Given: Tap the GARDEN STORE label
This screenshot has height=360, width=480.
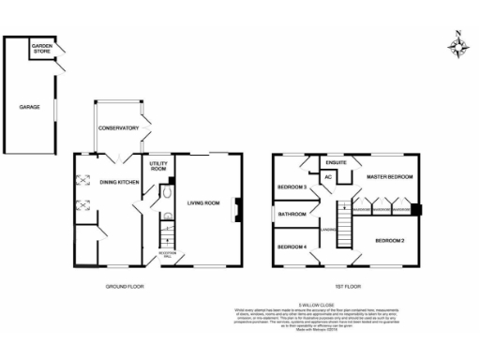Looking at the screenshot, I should click(x=41, y=49).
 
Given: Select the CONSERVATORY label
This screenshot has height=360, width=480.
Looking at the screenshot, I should click(x=119, y=128).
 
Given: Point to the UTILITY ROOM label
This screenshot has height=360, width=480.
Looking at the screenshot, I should click(x=158, y=168).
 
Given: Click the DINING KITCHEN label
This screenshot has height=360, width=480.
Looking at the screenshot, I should click(x=120, y=182).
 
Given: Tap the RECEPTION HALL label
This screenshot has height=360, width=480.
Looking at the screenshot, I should click(x=168, y=254).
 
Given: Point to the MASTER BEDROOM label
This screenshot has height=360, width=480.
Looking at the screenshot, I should click(x=390, y=176).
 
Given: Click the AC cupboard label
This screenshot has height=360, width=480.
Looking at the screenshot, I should click(x=328, y=178).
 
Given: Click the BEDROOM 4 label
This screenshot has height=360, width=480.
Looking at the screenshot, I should click(x=292, y=247).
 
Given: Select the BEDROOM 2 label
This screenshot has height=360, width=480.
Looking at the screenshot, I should click(x=390, y=241).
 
